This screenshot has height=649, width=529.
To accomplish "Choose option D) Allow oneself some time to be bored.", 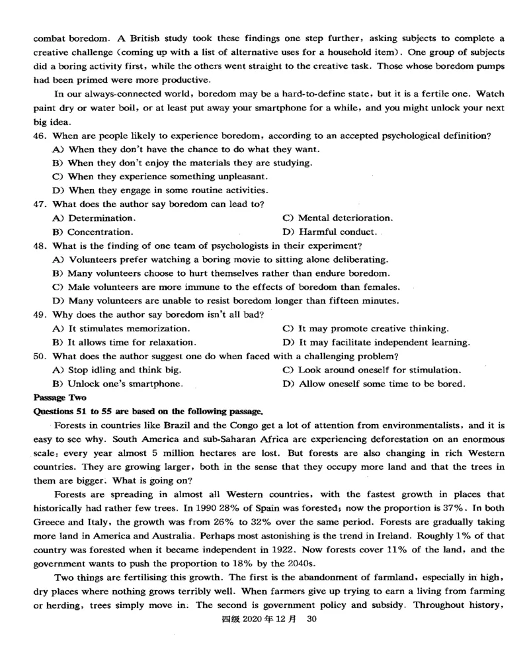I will pos(375,383).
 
